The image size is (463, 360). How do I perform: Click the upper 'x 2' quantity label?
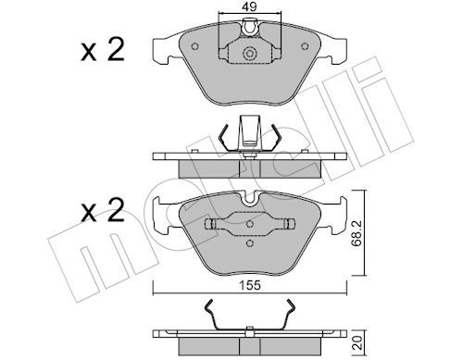(101, 52)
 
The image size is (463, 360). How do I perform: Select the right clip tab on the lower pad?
(288, 225)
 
